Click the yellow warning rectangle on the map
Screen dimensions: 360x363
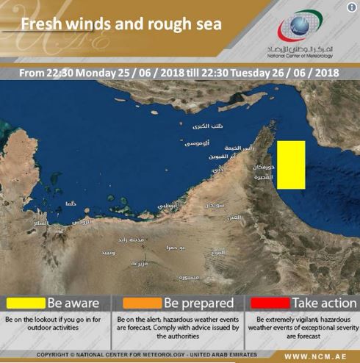pos(290,164)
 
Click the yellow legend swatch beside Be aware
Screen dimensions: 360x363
pos(26,303)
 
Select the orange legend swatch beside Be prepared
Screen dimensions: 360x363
pos(141,303)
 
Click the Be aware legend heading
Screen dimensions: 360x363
pos(73,303)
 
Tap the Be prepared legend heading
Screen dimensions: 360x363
pos(198,303)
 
